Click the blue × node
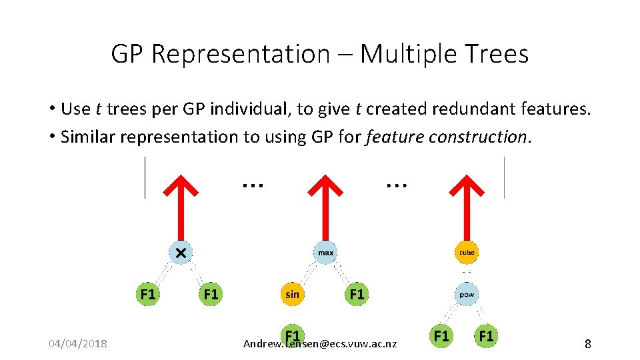point(181,253)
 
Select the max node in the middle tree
point(325,253)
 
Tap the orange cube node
point(467,253)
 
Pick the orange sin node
point(292,294)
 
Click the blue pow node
point(467,294)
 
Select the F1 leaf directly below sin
point(292,335)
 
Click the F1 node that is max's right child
point(357,294)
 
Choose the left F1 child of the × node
point(148,294)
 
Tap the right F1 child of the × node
point(211,294)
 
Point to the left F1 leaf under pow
point(441,335)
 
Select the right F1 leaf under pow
point(486,335)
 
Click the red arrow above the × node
point(181,200)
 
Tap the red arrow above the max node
point(325,200)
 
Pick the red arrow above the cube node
point(467,200)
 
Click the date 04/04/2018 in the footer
point(77,344)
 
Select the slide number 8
point(587,344)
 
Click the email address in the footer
point(320,345)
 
